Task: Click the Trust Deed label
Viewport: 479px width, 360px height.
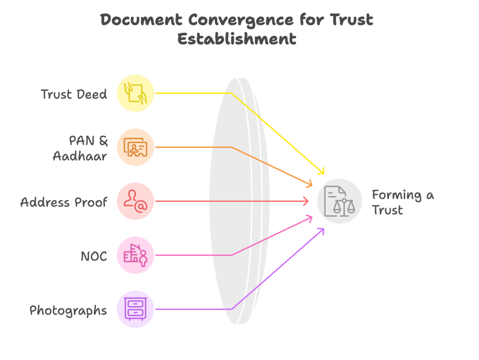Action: coord(74,94)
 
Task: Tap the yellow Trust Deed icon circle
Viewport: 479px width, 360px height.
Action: coord(135,93)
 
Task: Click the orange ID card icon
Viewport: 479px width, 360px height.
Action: coord(135,147)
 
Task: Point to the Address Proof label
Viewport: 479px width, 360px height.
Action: coord(64,202)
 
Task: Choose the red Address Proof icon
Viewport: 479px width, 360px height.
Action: coord(135,201)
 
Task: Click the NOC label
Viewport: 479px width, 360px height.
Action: coord(94,256)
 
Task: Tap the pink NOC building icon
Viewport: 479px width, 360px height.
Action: coord(135,255)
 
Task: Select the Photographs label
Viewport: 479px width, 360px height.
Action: coord(68,310)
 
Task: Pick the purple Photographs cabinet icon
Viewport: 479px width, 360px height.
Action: coord(135,309)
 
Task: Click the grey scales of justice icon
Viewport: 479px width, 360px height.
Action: coord(340,201)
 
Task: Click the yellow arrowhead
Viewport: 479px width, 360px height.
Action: coord(321,171)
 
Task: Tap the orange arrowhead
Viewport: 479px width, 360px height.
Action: coord(310,184)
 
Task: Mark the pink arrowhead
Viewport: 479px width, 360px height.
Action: coord(310,218)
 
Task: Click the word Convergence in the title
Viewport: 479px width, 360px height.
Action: coord(241,20)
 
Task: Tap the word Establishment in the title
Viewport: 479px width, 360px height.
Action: coord(237,38)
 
